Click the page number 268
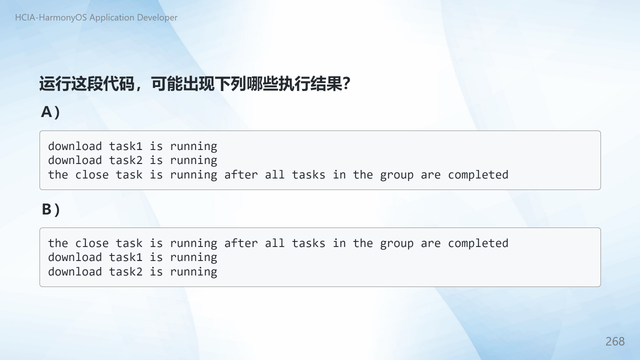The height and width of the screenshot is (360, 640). pos(615,341)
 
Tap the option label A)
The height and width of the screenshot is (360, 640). pos(50,111)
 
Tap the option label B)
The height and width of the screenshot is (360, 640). pos(51,209)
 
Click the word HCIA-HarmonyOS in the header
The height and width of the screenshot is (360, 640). pos(51,17)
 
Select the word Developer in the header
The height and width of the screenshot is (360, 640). pos(157,17)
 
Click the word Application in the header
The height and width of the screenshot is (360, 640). pos(112,17)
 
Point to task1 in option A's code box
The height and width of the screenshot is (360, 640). pos(125,146)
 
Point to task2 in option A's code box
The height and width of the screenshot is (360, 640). pos(125,160)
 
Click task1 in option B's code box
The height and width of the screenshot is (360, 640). pos(125,257)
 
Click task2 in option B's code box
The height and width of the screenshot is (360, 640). pos(125,271)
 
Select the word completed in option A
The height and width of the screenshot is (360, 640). pos(478,175)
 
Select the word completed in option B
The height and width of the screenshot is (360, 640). pos(478,243)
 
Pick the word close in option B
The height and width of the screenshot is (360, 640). pos(91,243)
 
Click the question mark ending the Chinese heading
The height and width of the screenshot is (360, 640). pos(346,83)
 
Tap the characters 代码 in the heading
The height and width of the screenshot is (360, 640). pos(118,83)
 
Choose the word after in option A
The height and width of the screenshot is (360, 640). pos(241,175)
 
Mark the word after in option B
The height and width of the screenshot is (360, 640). pos(241,243)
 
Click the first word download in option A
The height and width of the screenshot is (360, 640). pos(75,146)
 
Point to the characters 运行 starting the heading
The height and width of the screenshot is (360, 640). pos(55,83)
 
